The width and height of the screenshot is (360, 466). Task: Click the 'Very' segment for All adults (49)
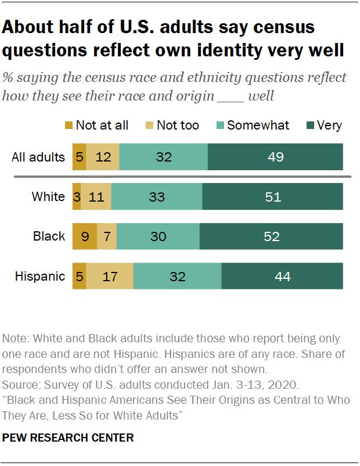click(275, 157)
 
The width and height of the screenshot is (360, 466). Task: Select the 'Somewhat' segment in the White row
click(157, 196)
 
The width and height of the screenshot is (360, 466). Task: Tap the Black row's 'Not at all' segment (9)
click(85, 236)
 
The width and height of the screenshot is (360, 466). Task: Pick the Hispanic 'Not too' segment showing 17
click(110, 276)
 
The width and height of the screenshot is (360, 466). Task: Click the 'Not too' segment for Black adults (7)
click(107, 236)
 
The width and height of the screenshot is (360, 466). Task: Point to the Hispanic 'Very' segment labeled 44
click(282, 276)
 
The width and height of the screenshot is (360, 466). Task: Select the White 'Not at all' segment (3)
click(77, 196)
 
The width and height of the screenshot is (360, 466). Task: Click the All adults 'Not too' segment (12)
click(103, 157)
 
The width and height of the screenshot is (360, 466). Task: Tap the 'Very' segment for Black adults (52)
click(271, 236)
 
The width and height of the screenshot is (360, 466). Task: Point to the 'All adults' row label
click(38, 157)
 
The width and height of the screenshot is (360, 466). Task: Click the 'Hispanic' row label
click(40, 276)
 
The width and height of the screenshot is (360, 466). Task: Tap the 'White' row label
click(48, 196)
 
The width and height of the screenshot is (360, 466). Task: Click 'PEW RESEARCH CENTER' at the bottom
click(68, 437)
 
